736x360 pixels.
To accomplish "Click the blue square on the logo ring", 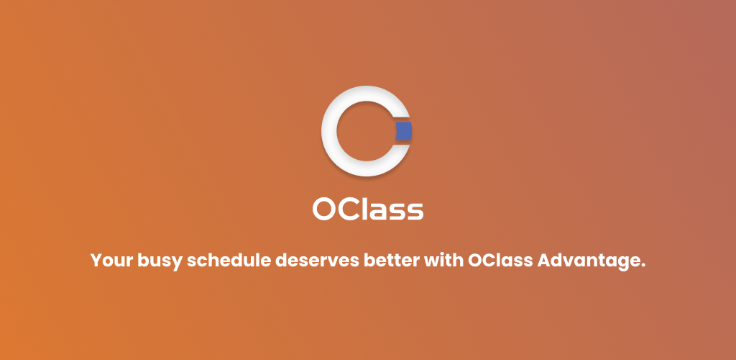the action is (x=404, y=131).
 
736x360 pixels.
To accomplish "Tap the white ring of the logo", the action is (x=329, y=131).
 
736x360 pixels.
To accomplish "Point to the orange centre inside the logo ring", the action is (x=366, y=131).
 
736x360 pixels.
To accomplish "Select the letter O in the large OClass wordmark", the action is (x=324, y=209).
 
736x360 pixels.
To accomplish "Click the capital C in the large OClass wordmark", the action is (x=349, y=209).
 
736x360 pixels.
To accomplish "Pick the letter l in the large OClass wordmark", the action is (x=364, y=208).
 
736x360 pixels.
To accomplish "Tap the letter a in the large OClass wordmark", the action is (x=377, y=212).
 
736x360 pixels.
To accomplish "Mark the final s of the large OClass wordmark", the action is (x=415, y=212).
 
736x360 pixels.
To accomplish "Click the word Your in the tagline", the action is (x=111, y=261).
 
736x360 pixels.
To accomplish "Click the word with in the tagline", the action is (x=444, y=260).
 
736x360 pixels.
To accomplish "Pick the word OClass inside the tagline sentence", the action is (x=500, y=260).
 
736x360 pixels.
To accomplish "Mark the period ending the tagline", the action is (x=643, y=266).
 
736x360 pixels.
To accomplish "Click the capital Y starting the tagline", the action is (x=97, y=261).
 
